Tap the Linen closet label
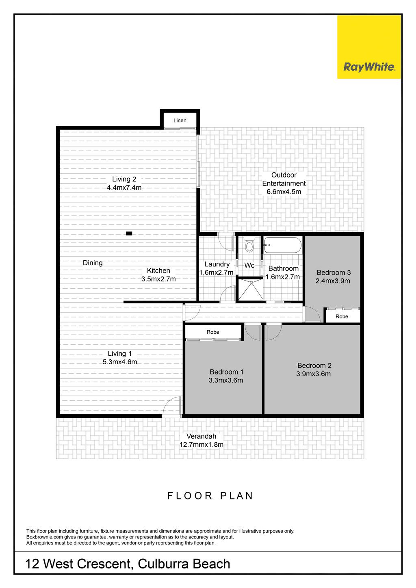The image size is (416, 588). [180, 121]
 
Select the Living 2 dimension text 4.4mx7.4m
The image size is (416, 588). [124, 188]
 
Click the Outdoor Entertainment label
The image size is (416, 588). [284, 179]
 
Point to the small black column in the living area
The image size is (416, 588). [129, 233]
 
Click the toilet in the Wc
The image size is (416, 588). [249, 245]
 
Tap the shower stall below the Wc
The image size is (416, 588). [250, 290]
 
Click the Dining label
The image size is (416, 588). [93, 263]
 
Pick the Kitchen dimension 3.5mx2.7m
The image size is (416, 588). [158, 279]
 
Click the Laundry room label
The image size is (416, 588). [217, 264]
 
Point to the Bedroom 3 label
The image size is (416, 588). [334, 272]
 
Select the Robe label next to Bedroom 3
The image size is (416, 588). [342, 317]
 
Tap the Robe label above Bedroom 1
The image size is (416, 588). [213, 332]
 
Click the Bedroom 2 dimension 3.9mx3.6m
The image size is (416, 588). [313, 374]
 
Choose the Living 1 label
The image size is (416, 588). [120, 354]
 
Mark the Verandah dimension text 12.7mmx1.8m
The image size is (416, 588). [201, 445]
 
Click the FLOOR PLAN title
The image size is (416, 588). [210, 495]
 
